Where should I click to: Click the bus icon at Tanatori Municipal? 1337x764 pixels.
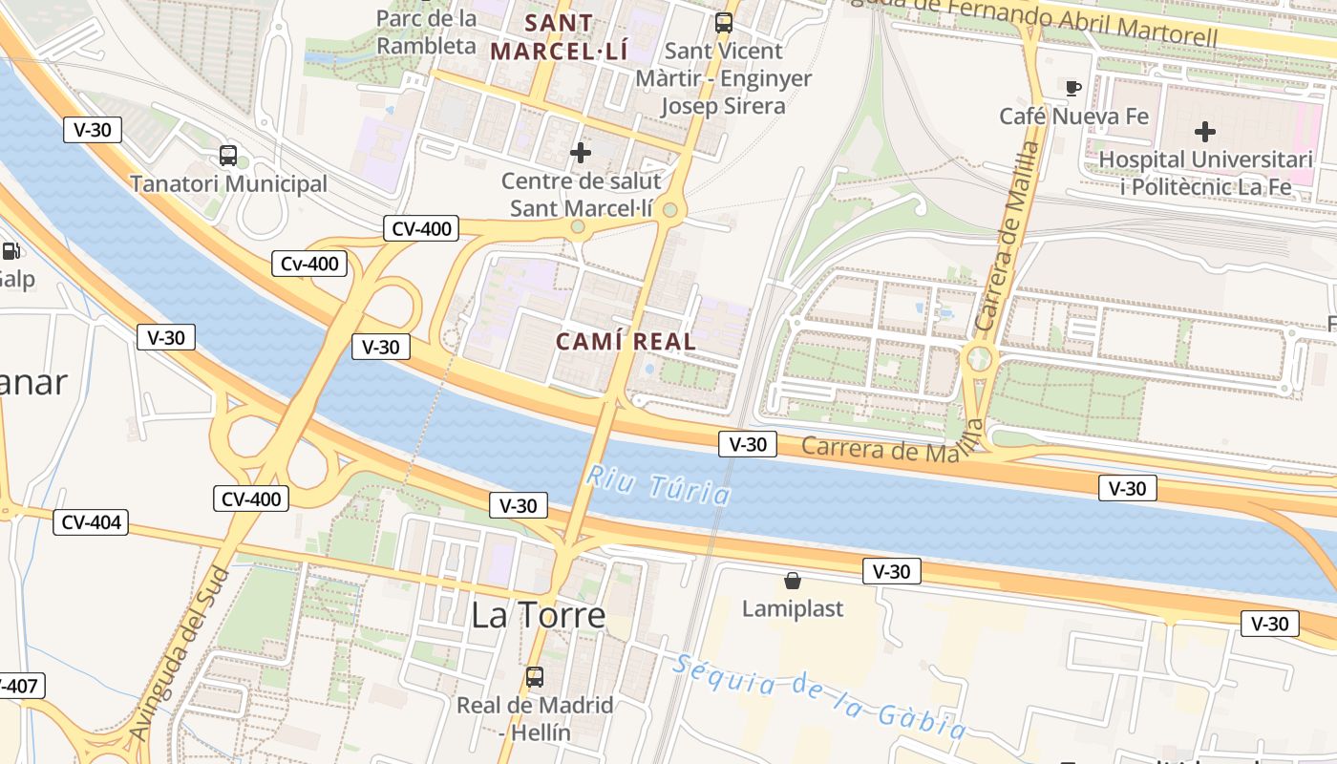228,156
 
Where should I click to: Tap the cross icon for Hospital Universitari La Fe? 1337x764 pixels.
1205,131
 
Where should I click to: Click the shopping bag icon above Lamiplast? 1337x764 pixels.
792,580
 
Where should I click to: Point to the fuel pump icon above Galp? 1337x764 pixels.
11,251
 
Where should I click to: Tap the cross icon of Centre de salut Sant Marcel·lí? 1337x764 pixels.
580,152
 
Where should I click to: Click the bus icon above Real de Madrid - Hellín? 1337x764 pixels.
535,677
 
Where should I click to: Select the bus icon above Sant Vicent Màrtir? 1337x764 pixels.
724,22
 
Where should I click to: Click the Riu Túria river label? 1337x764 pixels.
659,484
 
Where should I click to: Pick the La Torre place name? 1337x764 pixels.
539,616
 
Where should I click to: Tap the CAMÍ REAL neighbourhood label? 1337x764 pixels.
626,341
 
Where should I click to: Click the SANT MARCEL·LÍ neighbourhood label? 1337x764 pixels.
559,36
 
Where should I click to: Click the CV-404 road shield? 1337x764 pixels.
90,522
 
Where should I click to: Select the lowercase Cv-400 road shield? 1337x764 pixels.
308,264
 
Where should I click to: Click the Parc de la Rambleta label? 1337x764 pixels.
426,32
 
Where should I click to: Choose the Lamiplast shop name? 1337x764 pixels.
793,608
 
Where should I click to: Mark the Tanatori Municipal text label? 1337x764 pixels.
228,183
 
